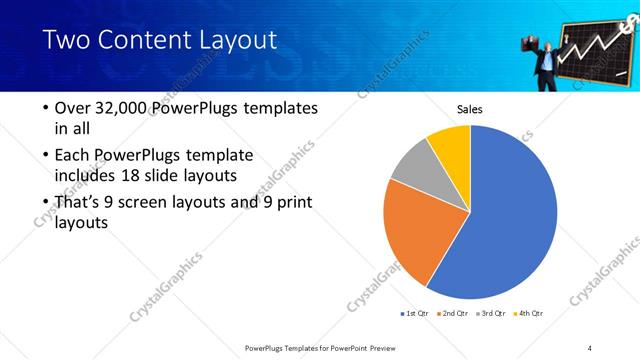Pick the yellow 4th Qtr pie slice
[451, 143]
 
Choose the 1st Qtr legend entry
[415, 313]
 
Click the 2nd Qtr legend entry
[455, 313]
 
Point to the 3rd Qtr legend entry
[492, 313]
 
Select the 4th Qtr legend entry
[529, 313]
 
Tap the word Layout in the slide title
[240, 41]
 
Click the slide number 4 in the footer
[589, 347]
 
